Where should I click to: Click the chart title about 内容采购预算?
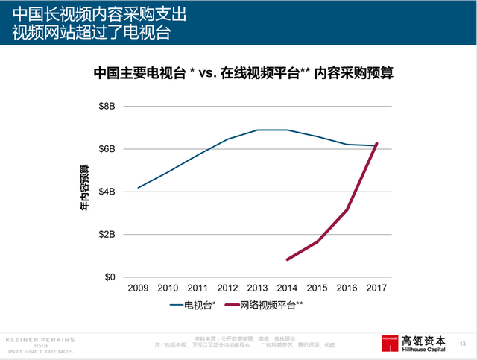click(x=244, y=73)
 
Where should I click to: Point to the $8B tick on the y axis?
click(x=107, y=107)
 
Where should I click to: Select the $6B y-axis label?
click(x=107, y=149)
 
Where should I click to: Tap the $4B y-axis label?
click(x=107, y=192)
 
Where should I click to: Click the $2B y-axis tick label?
click(x=107, y=234)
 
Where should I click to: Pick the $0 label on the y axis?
click(x=110, y=277)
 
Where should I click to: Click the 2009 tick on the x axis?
click(x=138, y=288)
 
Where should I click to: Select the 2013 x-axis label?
click(x=257, y=288)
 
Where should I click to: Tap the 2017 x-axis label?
click(x=376, y=288)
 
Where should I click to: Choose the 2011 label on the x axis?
click(x=198, y=288)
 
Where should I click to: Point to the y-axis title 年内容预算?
click(x=86, y=192)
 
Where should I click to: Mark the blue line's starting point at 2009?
click(x=138, y=188)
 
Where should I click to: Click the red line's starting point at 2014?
click(x=287, y=259)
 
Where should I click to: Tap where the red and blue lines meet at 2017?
click(x=376, y=145)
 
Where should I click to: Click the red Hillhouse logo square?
click(x=391, y=341)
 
